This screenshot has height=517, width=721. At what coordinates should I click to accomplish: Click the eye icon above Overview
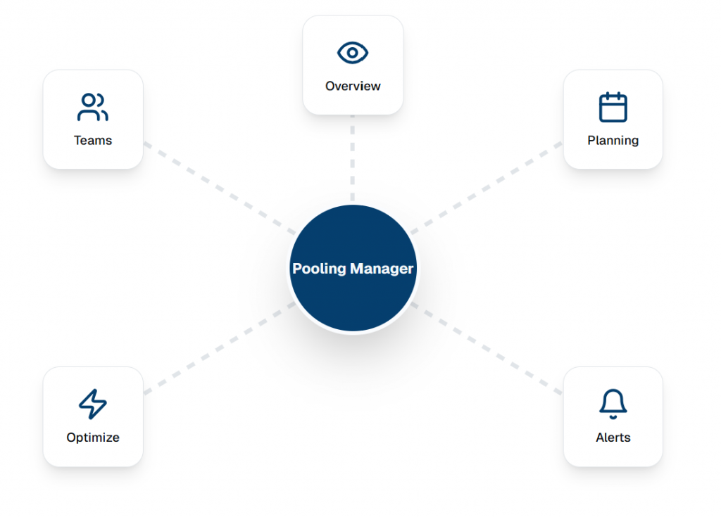(353, 53)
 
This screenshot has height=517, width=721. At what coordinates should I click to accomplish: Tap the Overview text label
(353, 87)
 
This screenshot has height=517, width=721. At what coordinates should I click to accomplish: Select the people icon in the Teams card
(92, 107)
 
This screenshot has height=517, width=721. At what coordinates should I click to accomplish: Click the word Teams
(93, 141)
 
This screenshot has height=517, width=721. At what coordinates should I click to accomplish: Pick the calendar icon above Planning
(613, 107)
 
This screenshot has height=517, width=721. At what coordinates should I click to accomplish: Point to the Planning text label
(613, 141)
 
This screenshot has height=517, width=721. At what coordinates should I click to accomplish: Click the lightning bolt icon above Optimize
(92, 404)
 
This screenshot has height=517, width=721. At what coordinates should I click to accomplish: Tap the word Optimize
(93, 438)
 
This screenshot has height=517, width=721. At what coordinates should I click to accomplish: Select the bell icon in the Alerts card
(613, 403)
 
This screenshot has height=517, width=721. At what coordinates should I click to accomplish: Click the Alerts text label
(613, 438)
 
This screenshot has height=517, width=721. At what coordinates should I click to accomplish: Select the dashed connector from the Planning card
(486, 188)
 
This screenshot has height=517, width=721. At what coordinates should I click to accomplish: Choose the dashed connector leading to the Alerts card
(486, 347)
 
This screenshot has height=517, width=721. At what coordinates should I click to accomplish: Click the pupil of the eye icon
(353, 53)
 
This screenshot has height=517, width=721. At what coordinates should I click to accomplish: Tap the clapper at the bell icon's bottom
(613, 417)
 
